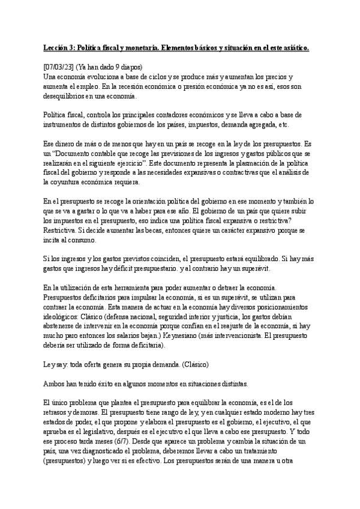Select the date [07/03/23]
(61, 67)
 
